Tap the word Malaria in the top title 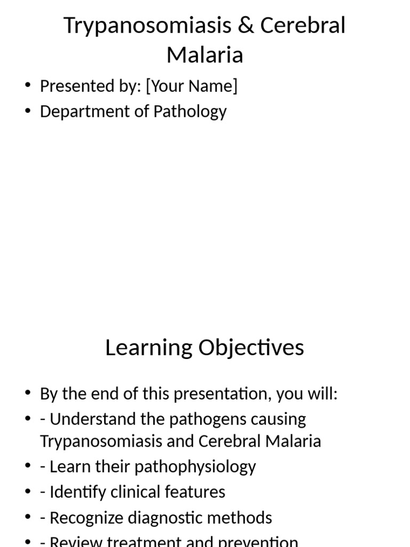(205, 54)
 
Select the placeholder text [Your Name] (192, 86)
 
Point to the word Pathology (190, 112)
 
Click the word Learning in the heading (149, 348)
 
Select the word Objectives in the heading (251, 348)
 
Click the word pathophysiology (195, 467)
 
